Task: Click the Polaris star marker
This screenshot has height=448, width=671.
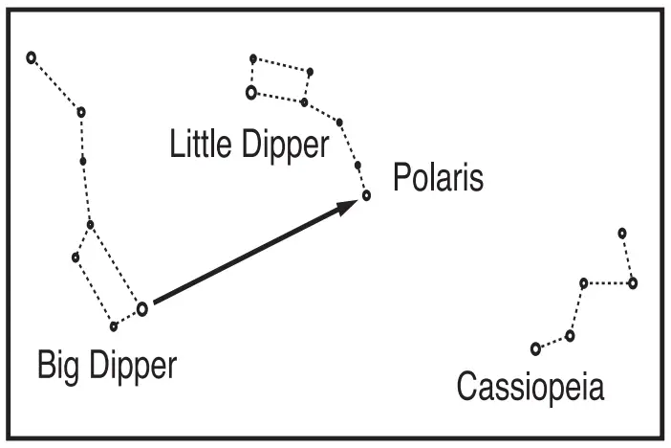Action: click(366, 196)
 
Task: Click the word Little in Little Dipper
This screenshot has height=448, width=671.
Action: click(201, 146)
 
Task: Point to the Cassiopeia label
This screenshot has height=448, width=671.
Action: click(530, 388)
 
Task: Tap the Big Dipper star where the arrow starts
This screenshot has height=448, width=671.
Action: click(142, 308)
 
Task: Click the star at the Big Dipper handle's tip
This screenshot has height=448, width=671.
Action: click(31, 57)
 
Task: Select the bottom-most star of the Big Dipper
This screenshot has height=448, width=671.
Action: click(114, 326)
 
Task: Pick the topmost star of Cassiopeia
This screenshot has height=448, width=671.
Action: click(622, 233)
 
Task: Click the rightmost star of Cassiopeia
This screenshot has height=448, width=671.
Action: click(633, 282)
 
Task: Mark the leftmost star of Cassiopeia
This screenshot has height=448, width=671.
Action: click(535, 348)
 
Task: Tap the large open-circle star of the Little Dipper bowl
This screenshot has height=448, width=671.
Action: click(251, 93)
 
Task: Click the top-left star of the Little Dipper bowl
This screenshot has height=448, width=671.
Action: click(253, 58)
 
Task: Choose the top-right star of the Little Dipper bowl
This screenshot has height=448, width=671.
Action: click(310, 71)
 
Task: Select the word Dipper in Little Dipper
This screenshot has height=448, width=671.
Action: click(281, 146)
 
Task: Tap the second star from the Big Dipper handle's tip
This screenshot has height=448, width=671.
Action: click(81, 112)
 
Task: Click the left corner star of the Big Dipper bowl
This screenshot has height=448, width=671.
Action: click(76, 257)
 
